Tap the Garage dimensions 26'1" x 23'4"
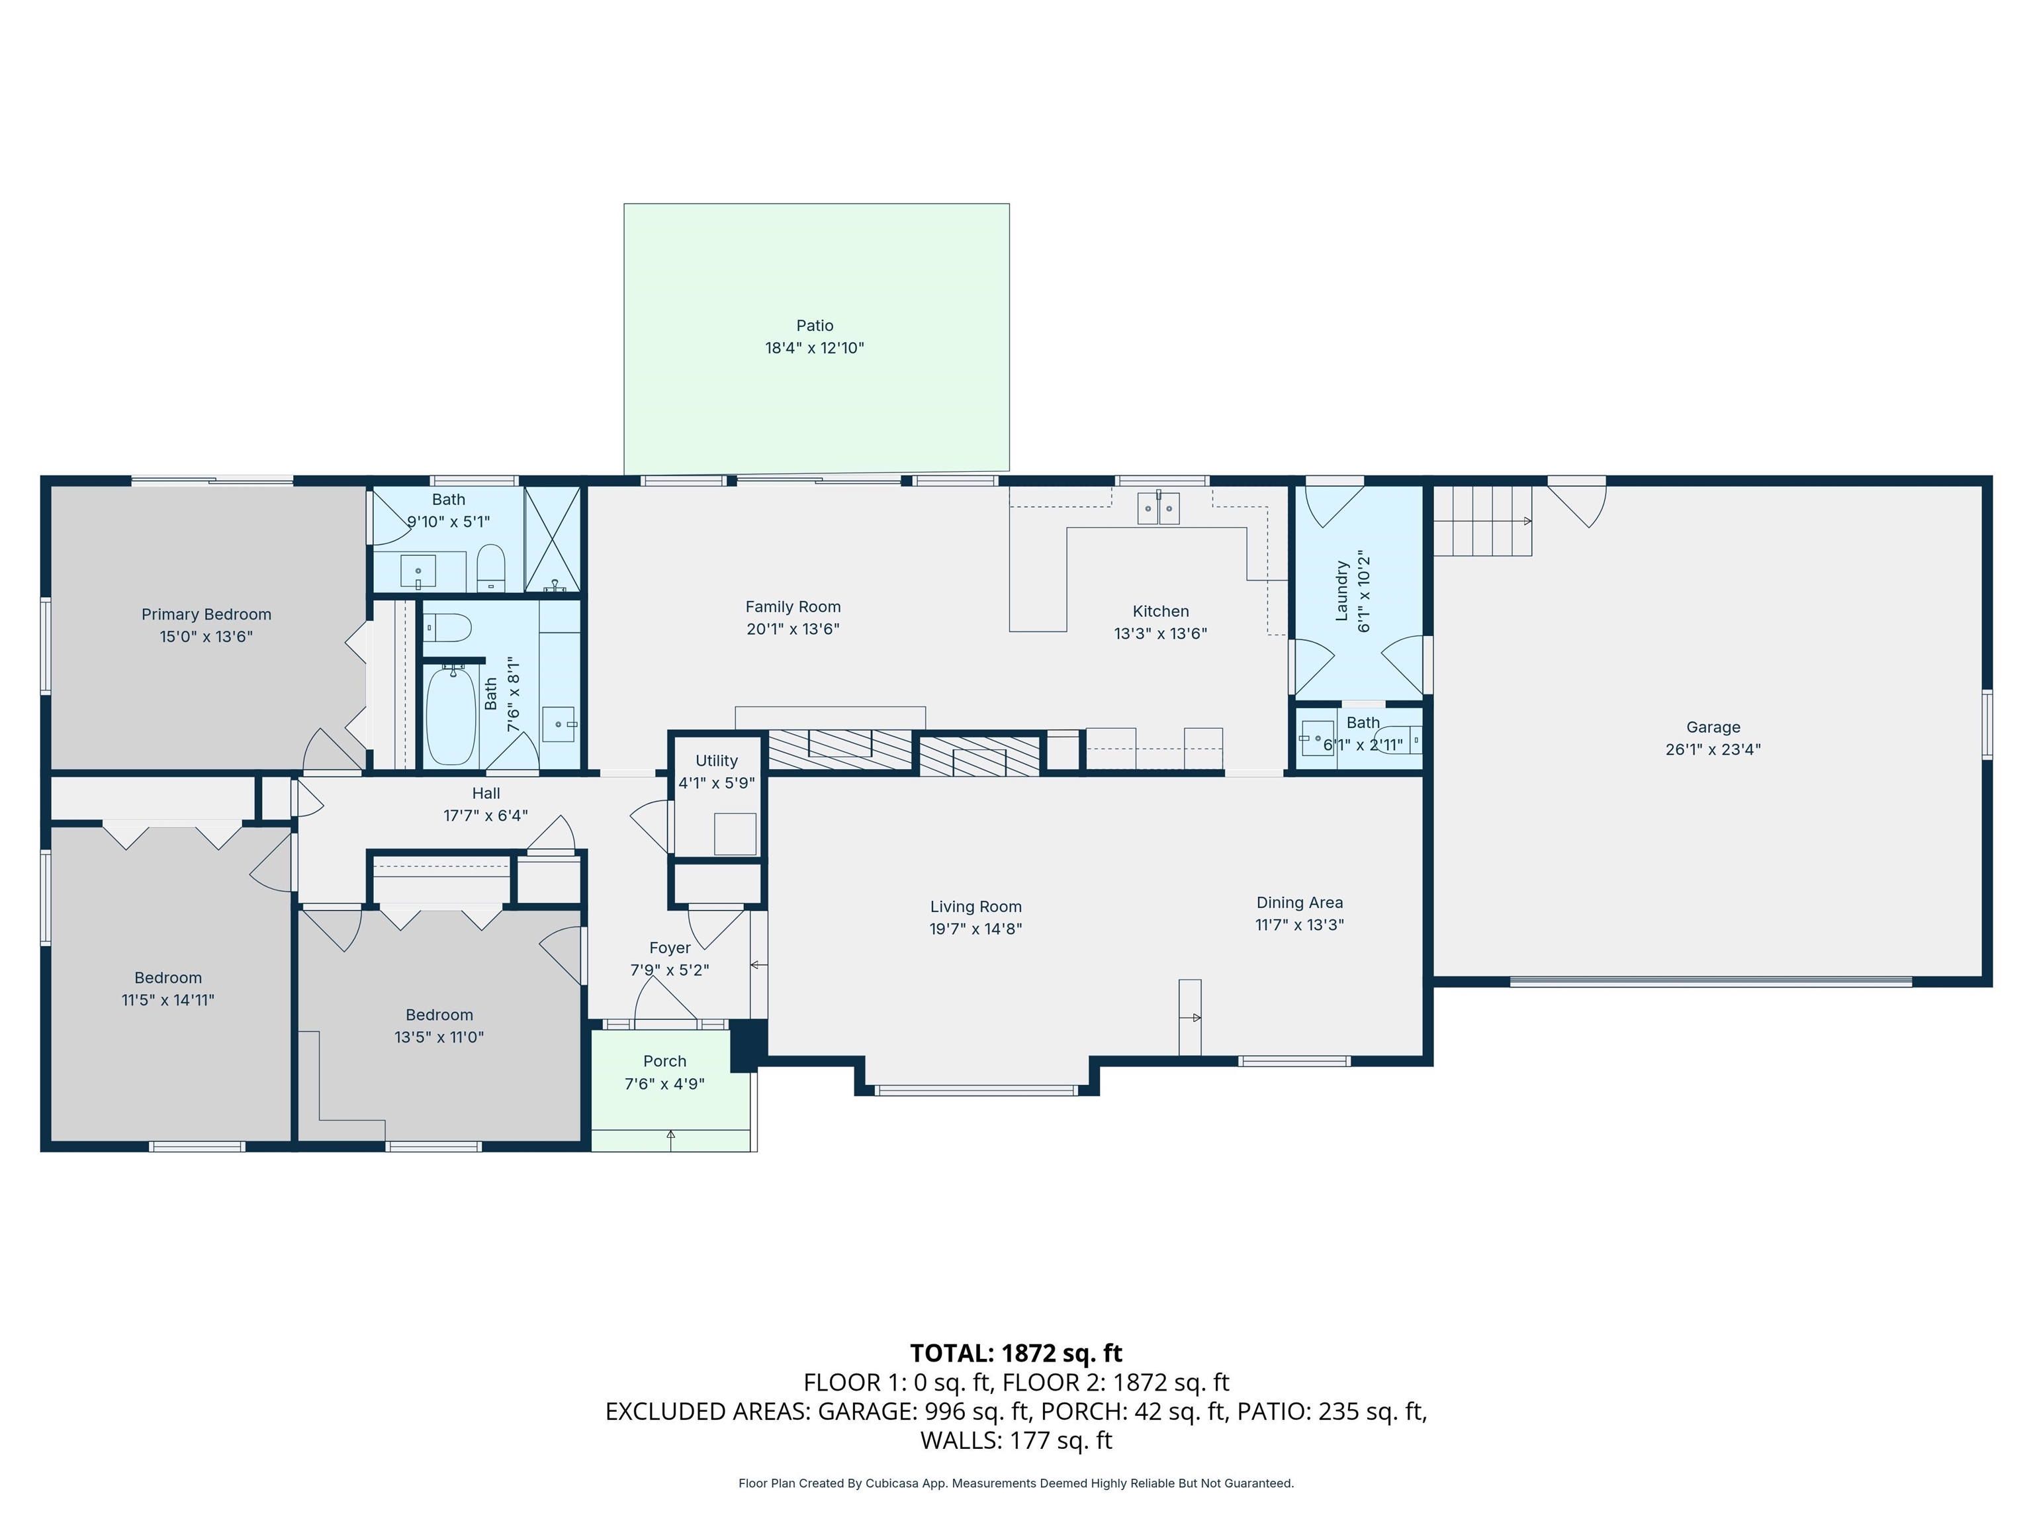tap(1713, 749)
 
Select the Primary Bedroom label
tap(206, 614)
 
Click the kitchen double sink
tap(1159, 508)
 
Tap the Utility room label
tap(716, 761)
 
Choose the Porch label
tap(664, 1061)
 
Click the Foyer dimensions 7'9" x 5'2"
tap(669, 970)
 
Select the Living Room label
tap(975, 906)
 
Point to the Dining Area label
tap(1300, 903)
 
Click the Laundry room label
tap(1341, 591)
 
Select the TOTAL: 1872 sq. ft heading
tap(1016, 1353)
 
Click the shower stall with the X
tap(553, 539)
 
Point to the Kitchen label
tap(1160, 612)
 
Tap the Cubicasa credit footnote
tap(1016, 1483)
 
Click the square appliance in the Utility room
tap(735, 835)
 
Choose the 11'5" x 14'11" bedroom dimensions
tap(167, 1000)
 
